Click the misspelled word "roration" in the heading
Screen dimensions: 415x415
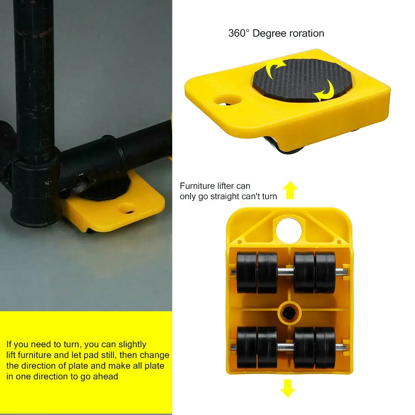point(306,34)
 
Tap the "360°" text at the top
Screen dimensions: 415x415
point(239,34)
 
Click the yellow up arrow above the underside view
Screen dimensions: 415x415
point(290,191)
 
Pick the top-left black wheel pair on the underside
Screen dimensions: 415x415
point(257,273)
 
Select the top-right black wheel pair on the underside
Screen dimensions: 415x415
point(315,273)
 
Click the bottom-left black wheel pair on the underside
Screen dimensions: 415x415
point(257,347)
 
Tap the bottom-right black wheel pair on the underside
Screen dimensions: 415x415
point(315,347)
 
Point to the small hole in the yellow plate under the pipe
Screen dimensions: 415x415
point(127,209)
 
